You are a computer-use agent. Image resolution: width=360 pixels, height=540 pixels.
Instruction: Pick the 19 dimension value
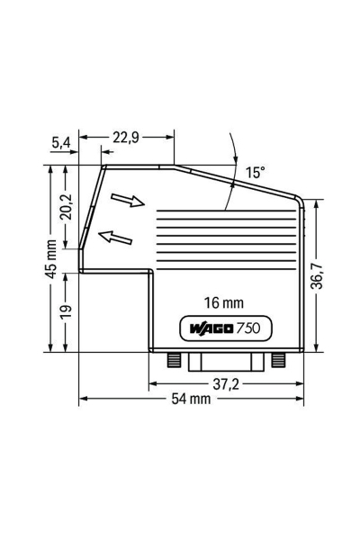tap(65, 310)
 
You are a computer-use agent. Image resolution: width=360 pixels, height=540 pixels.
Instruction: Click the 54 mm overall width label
tap(190, 400)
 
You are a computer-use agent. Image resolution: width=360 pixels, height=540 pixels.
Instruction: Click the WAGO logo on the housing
tap(210, 328)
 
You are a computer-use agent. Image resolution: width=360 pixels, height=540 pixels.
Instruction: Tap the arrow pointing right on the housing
tap(127, 200)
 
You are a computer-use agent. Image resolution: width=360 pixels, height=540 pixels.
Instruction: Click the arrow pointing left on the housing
tap(112, 237)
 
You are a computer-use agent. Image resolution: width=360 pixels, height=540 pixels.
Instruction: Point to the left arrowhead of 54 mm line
tap(84, 400)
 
